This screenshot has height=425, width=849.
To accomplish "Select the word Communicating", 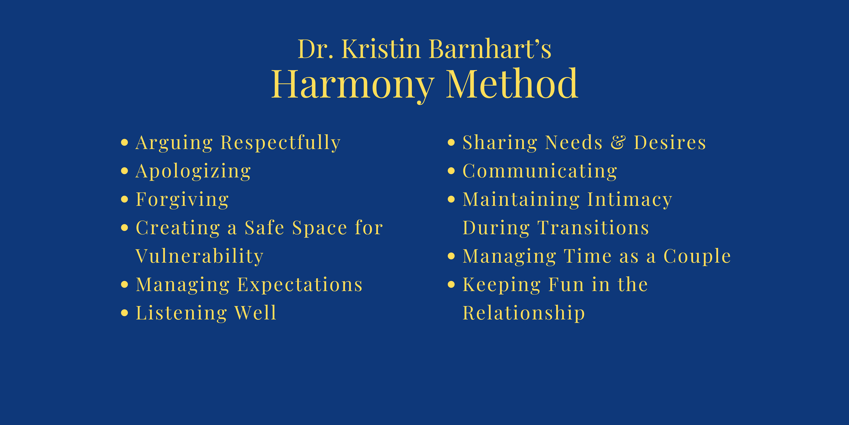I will [x=540, y=172].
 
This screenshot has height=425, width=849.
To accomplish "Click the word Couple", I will [x=697, y=256].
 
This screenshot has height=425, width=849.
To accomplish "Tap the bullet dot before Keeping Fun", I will [x=451, y=284].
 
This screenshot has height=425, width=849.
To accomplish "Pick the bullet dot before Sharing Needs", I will [x=451, y=143].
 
